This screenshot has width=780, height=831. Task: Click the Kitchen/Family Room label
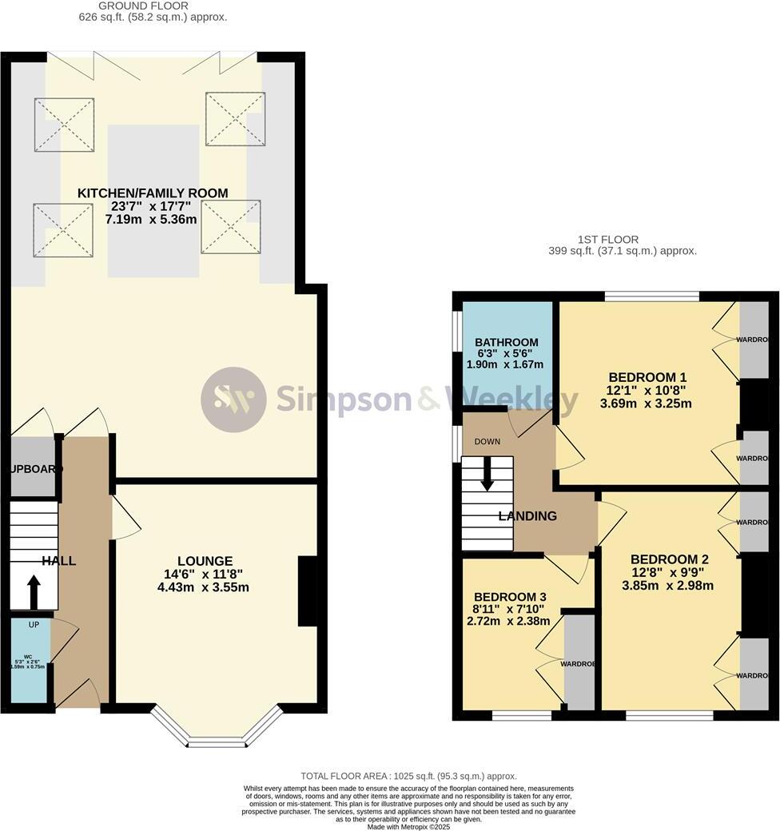[153, 193]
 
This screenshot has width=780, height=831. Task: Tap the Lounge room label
[205, 561]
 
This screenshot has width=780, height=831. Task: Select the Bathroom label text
[506, 342]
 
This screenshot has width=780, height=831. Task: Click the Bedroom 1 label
[647, 377]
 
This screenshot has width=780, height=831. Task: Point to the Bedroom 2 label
[669, 559]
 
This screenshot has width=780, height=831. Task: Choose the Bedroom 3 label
[510, 597]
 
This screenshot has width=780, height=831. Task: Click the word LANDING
[527, 516]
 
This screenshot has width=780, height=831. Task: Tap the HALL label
[59, 561]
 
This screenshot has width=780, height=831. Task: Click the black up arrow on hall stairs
[34, 594]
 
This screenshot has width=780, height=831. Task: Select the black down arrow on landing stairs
[486, 477]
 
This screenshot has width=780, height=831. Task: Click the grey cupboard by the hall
[33, 468]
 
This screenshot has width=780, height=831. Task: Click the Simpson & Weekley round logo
[233, 400]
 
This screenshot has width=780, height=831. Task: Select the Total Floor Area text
[408, 776]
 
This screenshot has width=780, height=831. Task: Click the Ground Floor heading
[153, 6]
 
